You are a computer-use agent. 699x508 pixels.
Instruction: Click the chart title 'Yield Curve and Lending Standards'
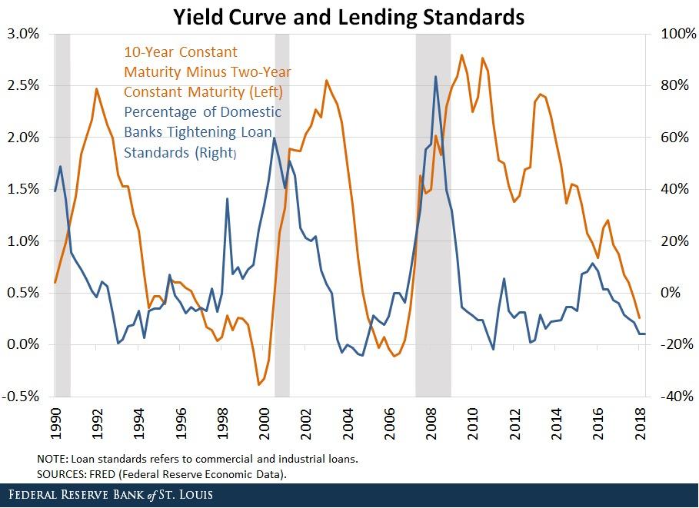348,16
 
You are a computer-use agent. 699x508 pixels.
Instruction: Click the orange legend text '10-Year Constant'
181,52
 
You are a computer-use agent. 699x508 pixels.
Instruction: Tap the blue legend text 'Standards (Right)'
180,152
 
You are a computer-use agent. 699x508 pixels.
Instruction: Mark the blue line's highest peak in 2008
436,76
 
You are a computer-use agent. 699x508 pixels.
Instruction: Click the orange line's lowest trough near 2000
259,384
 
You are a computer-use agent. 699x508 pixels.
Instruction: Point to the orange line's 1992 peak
97,89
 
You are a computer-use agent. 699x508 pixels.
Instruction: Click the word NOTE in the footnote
52,459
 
